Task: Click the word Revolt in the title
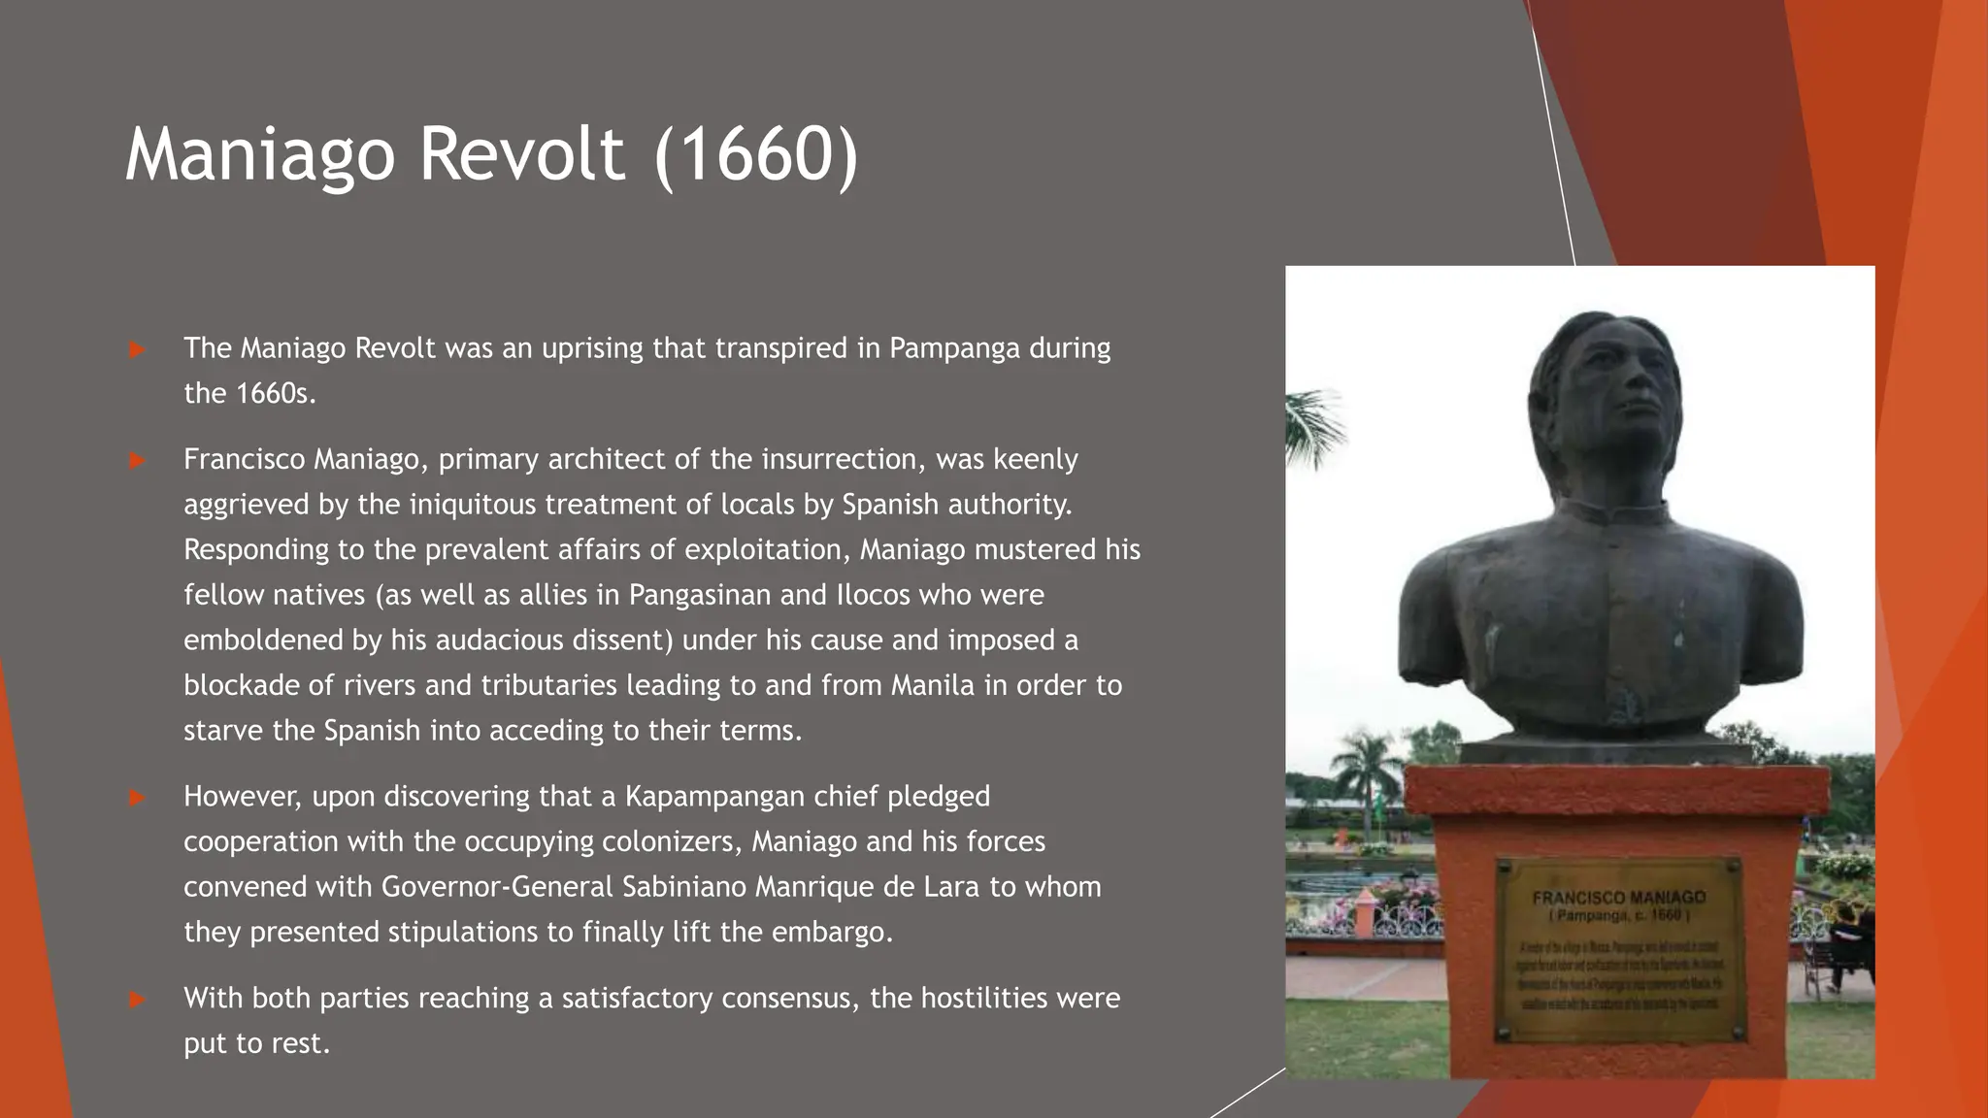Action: click(x=521, y=154)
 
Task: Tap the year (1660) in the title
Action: click(x=756, y=154)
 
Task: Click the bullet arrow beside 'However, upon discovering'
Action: click(x=137, y=798)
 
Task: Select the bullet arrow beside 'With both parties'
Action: click(x=137, y=999)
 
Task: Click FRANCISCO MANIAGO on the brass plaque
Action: click(x=1618, y=898)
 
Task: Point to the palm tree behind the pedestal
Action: click(x=1367, y=767)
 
